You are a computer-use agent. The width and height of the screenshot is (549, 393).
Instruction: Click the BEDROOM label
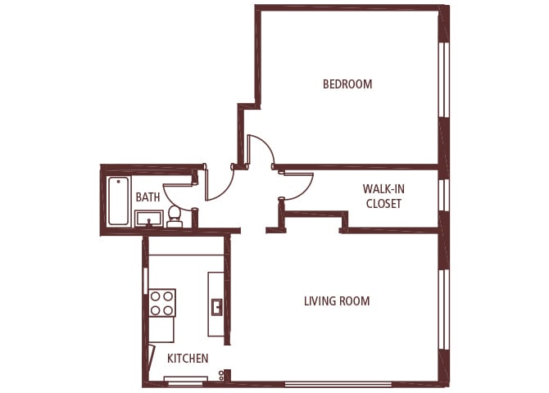[347, 84]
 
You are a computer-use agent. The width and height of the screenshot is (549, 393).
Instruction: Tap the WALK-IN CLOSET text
[383, 196]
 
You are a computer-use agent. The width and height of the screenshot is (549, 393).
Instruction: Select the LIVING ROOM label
[337, 301]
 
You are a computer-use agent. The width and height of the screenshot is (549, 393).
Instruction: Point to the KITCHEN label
[188, 359]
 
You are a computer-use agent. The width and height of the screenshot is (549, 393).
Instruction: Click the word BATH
[147, 197]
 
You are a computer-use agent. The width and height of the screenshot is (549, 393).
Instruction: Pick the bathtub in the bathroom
[119, 201]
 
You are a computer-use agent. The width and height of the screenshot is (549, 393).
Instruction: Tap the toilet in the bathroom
[175, 215]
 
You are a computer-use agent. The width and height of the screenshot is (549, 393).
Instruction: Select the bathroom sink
[148, 218]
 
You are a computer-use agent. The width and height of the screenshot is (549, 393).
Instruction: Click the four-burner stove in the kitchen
[161, 303]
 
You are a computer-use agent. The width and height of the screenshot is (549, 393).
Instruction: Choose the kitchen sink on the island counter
[216, 307]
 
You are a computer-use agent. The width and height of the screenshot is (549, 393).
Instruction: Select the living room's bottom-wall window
[338, 384]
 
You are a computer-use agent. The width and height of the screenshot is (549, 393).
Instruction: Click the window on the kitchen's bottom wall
[184, 379]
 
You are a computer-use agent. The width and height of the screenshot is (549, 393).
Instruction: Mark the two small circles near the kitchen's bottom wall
[221, 376]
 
